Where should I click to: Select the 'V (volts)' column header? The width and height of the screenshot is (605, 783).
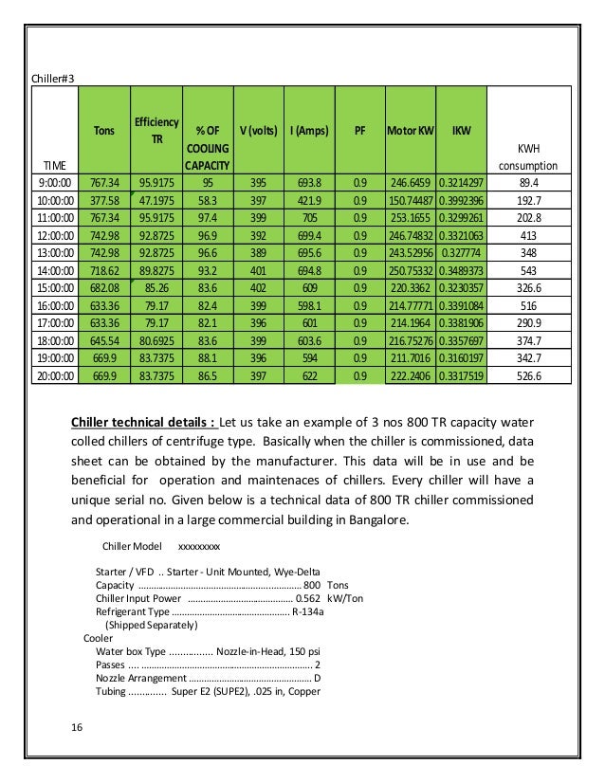point(256,130)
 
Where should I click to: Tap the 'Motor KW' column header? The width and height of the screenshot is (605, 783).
point(410,130)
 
